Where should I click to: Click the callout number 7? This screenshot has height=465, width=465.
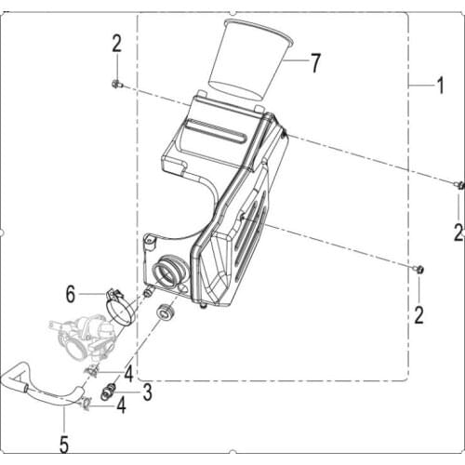point(315,63)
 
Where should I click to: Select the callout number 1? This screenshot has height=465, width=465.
point(439,88)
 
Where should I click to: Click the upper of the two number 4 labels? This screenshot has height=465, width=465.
point(129,376)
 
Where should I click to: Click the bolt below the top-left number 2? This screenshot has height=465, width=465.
point(114,85)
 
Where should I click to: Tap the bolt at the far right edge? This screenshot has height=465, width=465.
point(459,186)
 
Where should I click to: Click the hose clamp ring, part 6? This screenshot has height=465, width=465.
point(118,303)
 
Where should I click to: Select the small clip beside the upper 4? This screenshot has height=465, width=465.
point(92,372)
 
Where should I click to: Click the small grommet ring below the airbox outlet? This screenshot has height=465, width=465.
point(168,312)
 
